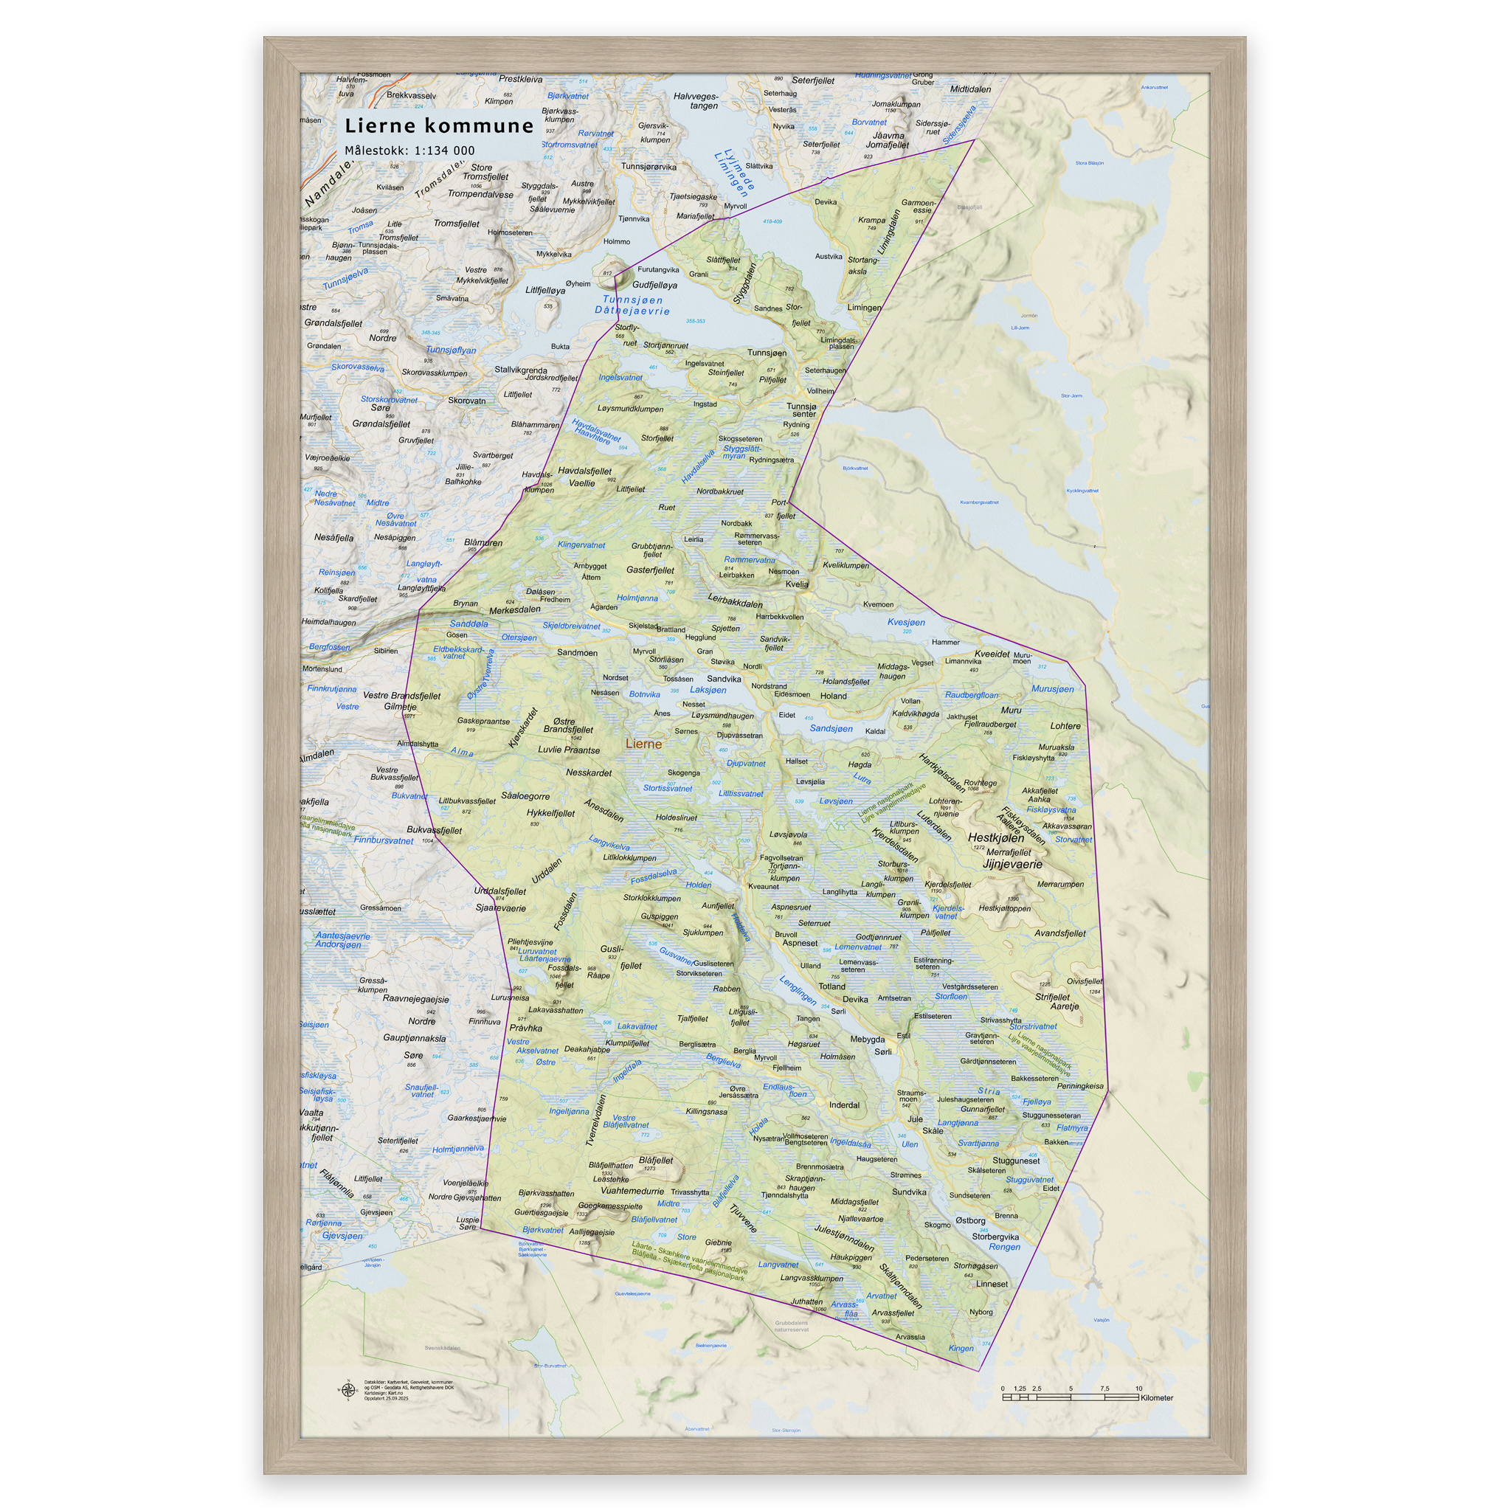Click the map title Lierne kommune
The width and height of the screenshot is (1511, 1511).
point(439,125)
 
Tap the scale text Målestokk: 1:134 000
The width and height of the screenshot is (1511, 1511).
point(409,151)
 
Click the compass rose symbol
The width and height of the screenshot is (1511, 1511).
point(348,1390)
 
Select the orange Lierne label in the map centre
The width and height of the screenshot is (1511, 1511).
point(643,744)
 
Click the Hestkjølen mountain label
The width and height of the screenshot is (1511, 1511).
point(995,837)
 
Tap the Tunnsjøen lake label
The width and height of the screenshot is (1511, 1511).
point(633,300)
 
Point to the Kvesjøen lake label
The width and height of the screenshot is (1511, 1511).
point(906,623)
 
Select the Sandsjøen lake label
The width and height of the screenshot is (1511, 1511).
point(831,728)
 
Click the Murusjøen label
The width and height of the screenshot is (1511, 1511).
point(1052,689)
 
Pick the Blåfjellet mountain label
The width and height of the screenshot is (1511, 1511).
point(655,1161)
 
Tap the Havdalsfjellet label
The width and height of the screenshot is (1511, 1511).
point(584,471)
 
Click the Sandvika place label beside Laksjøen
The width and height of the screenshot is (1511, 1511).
point(724,679)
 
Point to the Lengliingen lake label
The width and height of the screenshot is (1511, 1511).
point(797,990)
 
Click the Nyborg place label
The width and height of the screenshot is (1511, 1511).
point(981,1313)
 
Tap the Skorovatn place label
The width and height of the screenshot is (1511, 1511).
point(466,401)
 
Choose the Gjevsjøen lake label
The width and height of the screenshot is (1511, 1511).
point(342,1236)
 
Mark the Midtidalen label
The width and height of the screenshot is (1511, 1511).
point(969,89)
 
